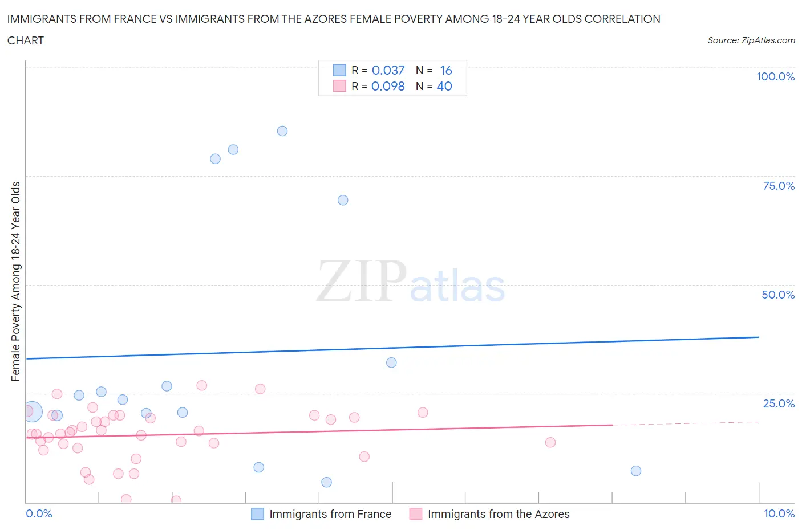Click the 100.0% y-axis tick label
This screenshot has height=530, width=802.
tap(775, 76)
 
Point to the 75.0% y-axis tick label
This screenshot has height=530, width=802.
tap(779, 186)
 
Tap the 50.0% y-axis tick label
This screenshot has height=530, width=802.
tap(778, 295)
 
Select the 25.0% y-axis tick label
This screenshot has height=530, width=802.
tap(779, 403)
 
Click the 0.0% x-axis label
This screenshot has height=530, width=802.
tap(39, 513)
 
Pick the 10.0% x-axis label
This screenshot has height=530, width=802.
tap(779, 513)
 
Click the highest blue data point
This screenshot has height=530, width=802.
tap(282, 131)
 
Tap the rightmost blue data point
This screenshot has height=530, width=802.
tap(636, 471)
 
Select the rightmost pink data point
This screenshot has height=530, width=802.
tap(550, 442)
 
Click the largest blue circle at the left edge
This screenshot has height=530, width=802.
tap(33, 411)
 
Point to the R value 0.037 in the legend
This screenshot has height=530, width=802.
tap(388, 70)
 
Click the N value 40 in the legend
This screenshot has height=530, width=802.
tap(444, 86)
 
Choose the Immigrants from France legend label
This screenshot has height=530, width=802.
tap(330, 514)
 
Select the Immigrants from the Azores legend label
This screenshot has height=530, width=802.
tap(499, 514)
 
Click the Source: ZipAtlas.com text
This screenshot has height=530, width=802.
tap(751, 40)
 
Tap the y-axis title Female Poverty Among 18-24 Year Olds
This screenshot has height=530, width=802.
tap(15, 281)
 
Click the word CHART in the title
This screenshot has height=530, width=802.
tap(26, 40)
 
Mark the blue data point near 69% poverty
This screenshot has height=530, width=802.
tap(343, 200)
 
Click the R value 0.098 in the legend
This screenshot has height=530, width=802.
tap(388, 86)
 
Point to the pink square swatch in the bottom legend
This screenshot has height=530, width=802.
tap(416, 514)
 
